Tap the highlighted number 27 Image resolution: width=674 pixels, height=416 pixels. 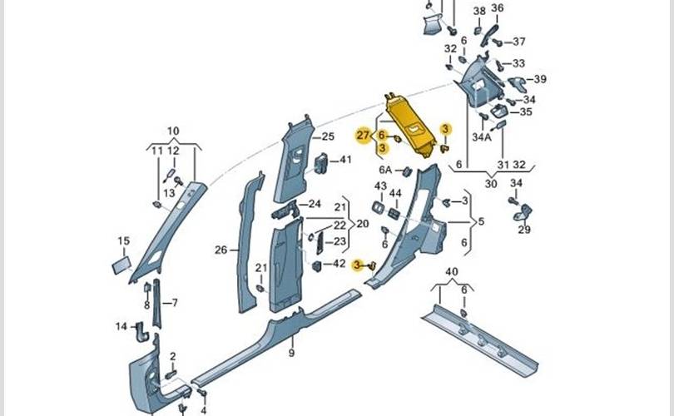pyautogui.click(x=363, y=135)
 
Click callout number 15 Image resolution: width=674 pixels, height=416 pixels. pyautogui.click(x=123, y=241)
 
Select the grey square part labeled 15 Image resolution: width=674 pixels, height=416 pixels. pyautogui.click(x=120, y=265)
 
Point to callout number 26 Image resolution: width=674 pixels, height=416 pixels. pyautogui.click(x=221, y=250)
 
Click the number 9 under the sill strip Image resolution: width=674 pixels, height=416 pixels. pyautogui.click(x=292, y=354)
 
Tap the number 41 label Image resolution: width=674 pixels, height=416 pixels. pyautogui.click(x=346, y=159)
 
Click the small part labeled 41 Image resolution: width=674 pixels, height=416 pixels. pyautogui.click(x=321, y=162)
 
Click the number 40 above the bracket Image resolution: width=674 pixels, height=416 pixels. pyautogui.click(x=451, y=272)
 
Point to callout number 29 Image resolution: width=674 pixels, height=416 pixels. pyautogui.click(x=524, y=230)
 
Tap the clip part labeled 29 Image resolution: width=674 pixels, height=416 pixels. pyautogui.click(x=526, y=213)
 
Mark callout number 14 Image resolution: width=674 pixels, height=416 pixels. pyautogui.click(x=121, y=326)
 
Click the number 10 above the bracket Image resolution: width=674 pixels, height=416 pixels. pyautogui.click(x=173, y=131)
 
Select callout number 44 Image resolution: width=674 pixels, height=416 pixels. pyautogui.click(x=395, y=194)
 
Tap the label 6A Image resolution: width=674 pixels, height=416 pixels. pyautogui.click(x=386, y=171)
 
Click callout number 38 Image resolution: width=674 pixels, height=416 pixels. pyautogui.click(x=479, y=11)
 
